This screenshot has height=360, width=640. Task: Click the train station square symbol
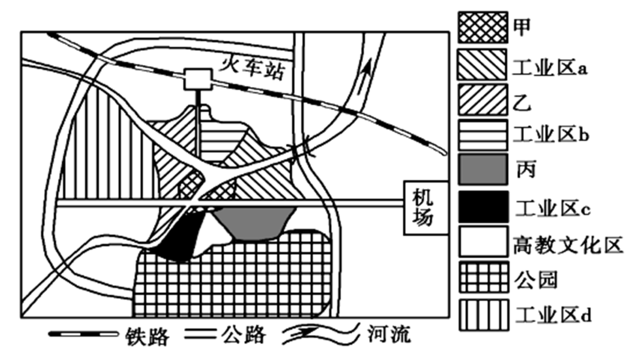(196, 79)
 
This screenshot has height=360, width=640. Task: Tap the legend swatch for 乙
(482, 99)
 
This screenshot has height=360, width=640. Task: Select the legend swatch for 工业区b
(482, 134)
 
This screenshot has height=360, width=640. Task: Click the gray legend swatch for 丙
(482, 170)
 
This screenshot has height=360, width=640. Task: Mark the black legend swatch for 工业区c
(482, 206)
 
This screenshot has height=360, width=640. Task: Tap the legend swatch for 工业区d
(482, 315)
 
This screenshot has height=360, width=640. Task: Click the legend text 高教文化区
(568, 244)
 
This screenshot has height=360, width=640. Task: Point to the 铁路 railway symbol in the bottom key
(85, 335)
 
